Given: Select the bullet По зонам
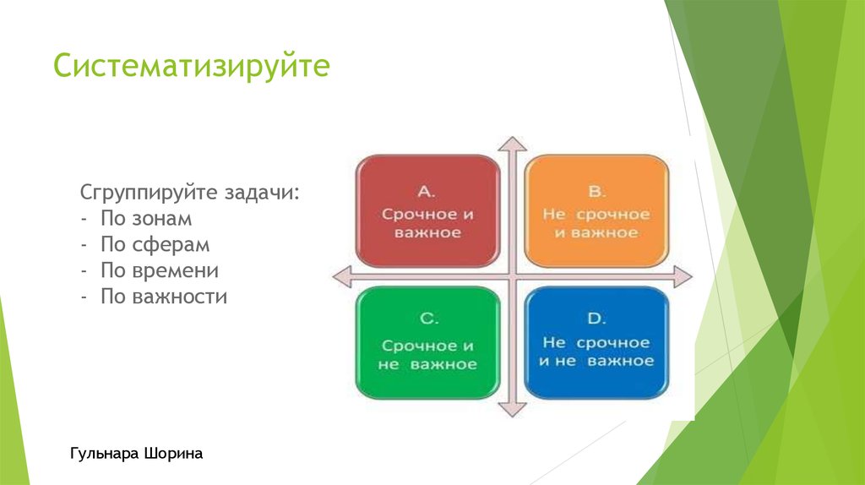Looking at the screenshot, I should [146, 218].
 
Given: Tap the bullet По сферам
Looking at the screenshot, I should [155, 245].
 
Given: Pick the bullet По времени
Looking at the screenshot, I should [160, 271].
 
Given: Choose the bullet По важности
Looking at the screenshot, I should [164, 297].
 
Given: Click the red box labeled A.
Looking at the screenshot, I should [427, 210].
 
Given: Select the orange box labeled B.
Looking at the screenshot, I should [596, 210].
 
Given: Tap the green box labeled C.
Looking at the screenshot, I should [427, 342].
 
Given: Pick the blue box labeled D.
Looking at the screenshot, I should [596, 342].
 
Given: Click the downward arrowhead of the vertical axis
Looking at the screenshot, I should [509, 410].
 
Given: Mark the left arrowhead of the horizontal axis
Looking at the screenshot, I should [340, 275].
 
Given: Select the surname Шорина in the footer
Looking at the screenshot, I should [176, 455].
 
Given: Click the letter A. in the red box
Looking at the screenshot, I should [427, 190].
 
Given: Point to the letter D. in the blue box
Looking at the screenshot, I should [596, 319].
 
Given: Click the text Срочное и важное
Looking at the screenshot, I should [427, 224].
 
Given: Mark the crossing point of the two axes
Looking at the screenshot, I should [509, 275].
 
